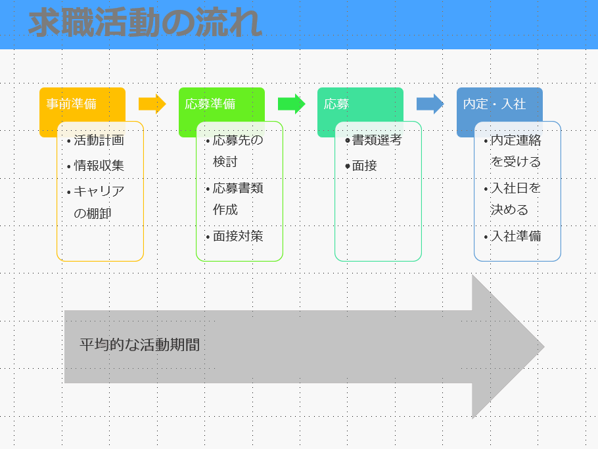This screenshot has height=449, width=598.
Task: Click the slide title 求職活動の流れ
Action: (x=145, y=22)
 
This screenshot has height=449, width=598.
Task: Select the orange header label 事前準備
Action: (x=72, y=104)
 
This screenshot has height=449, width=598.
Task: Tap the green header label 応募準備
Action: (x=210, y=104)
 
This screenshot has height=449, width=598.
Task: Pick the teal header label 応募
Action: (x=336, y=104)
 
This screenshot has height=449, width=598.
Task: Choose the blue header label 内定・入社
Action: (x=495, y=104)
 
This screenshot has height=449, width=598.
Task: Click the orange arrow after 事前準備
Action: (x=152, y=104)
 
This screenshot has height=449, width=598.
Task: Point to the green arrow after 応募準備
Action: (x=291, y=104)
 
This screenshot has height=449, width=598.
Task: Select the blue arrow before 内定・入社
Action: (x=430, y=104)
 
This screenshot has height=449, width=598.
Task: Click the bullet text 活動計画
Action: (x=99, y=140)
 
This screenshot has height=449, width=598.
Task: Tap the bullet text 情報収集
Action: (x=99, y=166)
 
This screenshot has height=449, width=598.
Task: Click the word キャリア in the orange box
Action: (x=99, y=191)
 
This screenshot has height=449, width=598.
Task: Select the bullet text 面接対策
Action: (x=238, y=236)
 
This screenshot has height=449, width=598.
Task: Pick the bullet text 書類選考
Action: (x=377, y=140)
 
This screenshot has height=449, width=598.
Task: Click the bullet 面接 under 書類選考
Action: (x=364, y=166)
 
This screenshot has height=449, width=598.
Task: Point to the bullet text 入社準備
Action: (x=516, y=236)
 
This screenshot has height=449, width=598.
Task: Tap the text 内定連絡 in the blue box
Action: (x=516, y=140)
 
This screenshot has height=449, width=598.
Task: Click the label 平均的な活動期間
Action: (x=139, y=345)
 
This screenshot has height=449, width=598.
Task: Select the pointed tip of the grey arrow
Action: (x=544, y=346)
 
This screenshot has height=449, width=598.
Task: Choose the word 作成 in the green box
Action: (x=225, y=210)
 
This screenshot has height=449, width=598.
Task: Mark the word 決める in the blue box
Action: (x=509, y=210)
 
